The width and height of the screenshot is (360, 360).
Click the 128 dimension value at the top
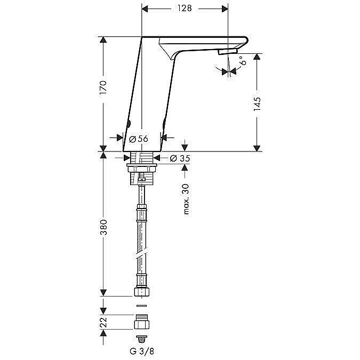[185, 9]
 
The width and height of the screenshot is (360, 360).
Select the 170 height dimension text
[103, 87]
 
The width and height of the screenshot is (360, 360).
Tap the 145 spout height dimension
[257, 104]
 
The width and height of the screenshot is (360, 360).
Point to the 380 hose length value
[103, 227]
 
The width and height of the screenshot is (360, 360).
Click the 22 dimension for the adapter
[103, 322]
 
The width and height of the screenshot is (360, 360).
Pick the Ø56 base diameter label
[139, 139]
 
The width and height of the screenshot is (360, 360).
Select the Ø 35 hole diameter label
[180, 158]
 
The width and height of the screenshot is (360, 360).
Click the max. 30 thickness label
[186, 199]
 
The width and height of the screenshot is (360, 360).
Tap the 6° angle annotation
[243, 60]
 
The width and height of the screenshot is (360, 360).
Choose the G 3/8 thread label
[142, 351]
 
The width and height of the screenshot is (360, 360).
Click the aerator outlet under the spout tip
[228, 51]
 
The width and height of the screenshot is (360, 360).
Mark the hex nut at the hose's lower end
[142, 292]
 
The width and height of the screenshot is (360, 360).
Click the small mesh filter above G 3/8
[142, 339]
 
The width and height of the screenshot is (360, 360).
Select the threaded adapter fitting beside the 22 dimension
[142, 322]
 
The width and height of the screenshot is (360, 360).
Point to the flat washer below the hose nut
[142, 306]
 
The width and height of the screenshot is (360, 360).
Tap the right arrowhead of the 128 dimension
[225, 9]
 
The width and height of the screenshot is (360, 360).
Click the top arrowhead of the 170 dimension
[103, 39]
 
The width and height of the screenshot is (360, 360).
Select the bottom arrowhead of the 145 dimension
[257, 148]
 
